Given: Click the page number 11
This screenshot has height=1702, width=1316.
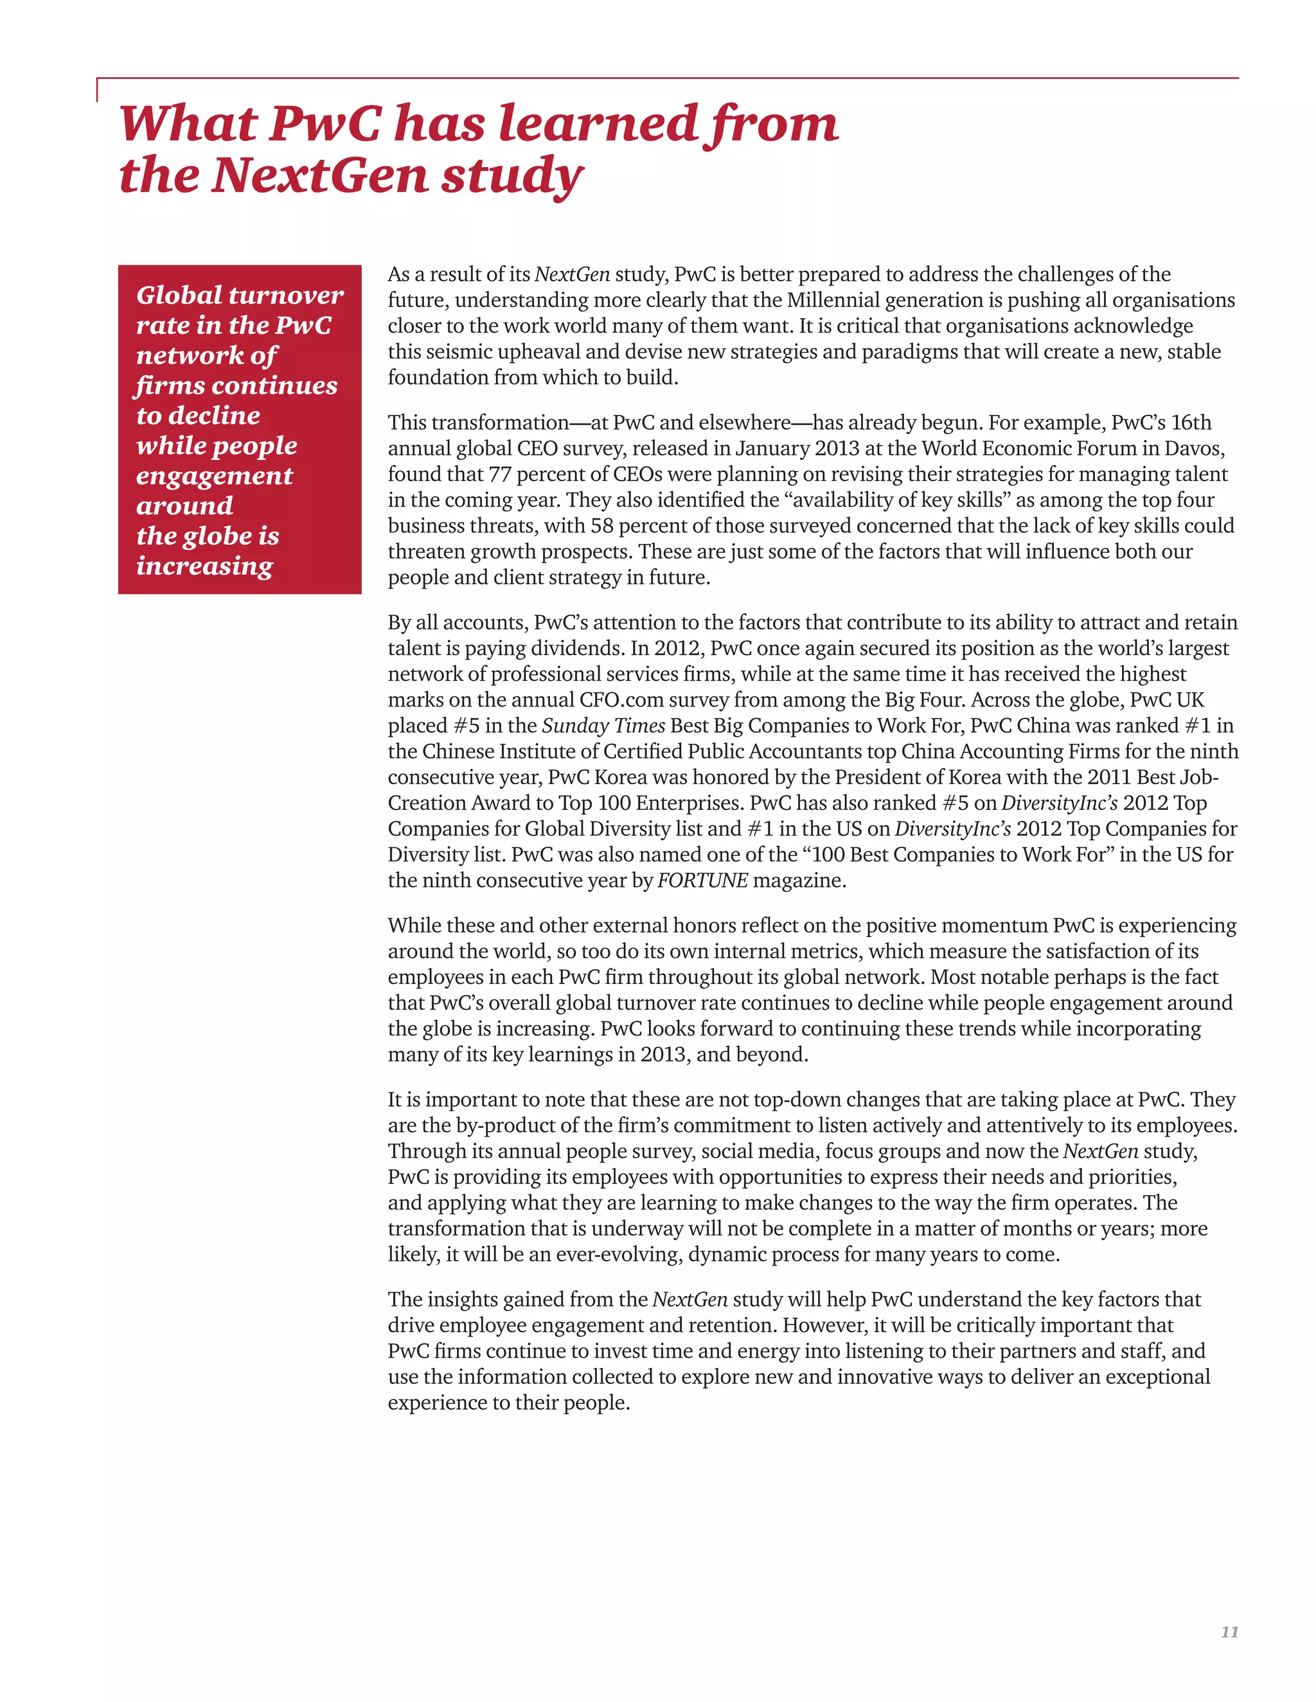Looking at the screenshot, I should click(x=1229, y=1632).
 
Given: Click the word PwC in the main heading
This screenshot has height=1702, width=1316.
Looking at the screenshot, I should click(x=325, y=124).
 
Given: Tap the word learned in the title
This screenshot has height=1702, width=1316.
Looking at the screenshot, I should click(x=597, y=124).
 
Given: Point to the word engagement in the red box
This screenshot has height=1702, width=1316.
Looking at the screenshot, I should click(x=215, y=475).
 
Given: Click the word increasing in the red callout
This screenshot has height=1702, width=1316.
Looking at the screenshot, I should click(x=204, y=566).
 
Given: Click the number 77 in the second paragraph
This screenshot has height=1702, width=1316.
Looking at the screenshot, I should click(x=500, y=474).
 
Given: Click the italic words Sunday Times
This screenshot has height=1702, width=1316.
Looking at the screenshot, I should click(x=603, y=726).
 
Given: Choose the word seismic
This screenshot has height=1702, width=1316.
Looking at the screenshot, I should click(x=452, y=351).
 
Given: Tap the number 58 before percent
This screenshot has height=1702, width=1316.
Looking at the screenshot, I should click(x=602, y=525).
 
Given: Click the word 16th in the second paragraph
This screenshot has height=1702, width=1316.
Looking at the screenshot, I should click(x=1191, y=423).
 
